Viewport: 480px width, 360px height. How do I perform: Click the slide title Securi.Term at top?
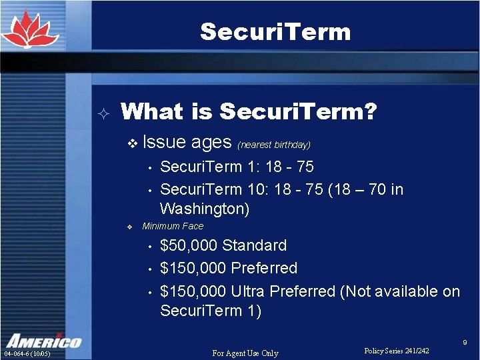point(275,31)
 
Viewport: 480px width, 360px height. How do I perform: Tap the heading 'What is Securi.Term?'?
point(249,111)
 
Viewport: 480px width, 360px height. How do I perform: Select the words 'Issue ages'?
point(187,142)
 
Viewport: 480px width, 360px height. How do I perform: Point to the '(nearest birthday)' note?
point(274,144)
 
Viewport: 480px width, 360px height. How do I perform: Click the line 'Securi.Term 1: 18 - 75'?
point(237,166)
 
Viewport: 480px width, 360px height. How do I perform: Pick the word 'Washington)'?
point(205,209)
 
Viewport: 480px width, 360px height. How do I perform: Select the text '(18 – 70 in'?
point(365,189)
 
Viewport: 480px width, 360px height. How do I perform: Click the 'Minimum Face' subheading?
point(173,226)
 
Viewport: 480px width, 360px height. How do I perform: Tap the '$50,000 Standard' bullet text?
point(223,245)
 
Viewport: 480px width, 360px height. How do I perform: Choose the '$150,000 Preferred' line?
point(229,268)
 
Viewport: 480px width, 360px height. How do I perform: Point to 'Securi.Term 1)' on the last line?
point(211,311)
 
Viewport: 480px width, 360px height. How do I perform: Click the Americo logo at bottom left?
point(43,340)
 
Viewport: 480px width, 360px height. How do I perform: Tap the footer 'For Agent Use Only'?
point(245,353)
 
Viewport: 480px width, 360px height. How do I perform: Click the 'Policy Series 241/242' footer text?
point(397,351)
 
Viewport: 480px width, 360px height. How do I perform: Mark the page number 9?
point(465,342)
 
